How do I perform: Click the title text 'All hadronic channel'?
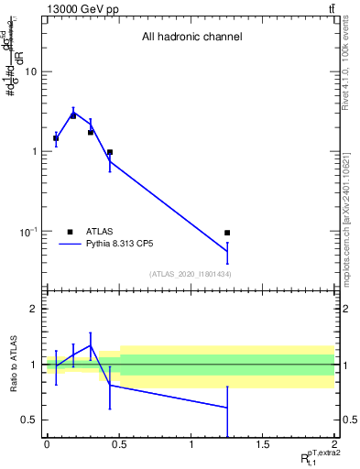(191, 38)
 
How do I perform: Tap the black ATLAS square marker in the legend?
(70, 232)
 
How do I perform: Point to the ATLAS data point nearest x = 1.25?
(227, 233)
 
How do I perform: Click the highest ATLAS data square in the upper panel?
(73, 115)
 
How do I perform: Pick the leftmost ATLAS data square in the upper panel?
(56, 138)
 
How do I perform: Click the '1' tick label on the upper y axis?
(36, 151)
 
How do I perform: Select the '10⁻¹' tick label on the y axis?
(30, 231)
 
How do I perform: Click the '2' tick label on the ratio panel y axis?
(35, 310)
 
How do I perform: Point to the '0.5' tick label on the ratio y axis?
(29, 420)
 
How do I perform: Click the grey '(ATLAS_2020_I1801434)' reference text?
(191, 275)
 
